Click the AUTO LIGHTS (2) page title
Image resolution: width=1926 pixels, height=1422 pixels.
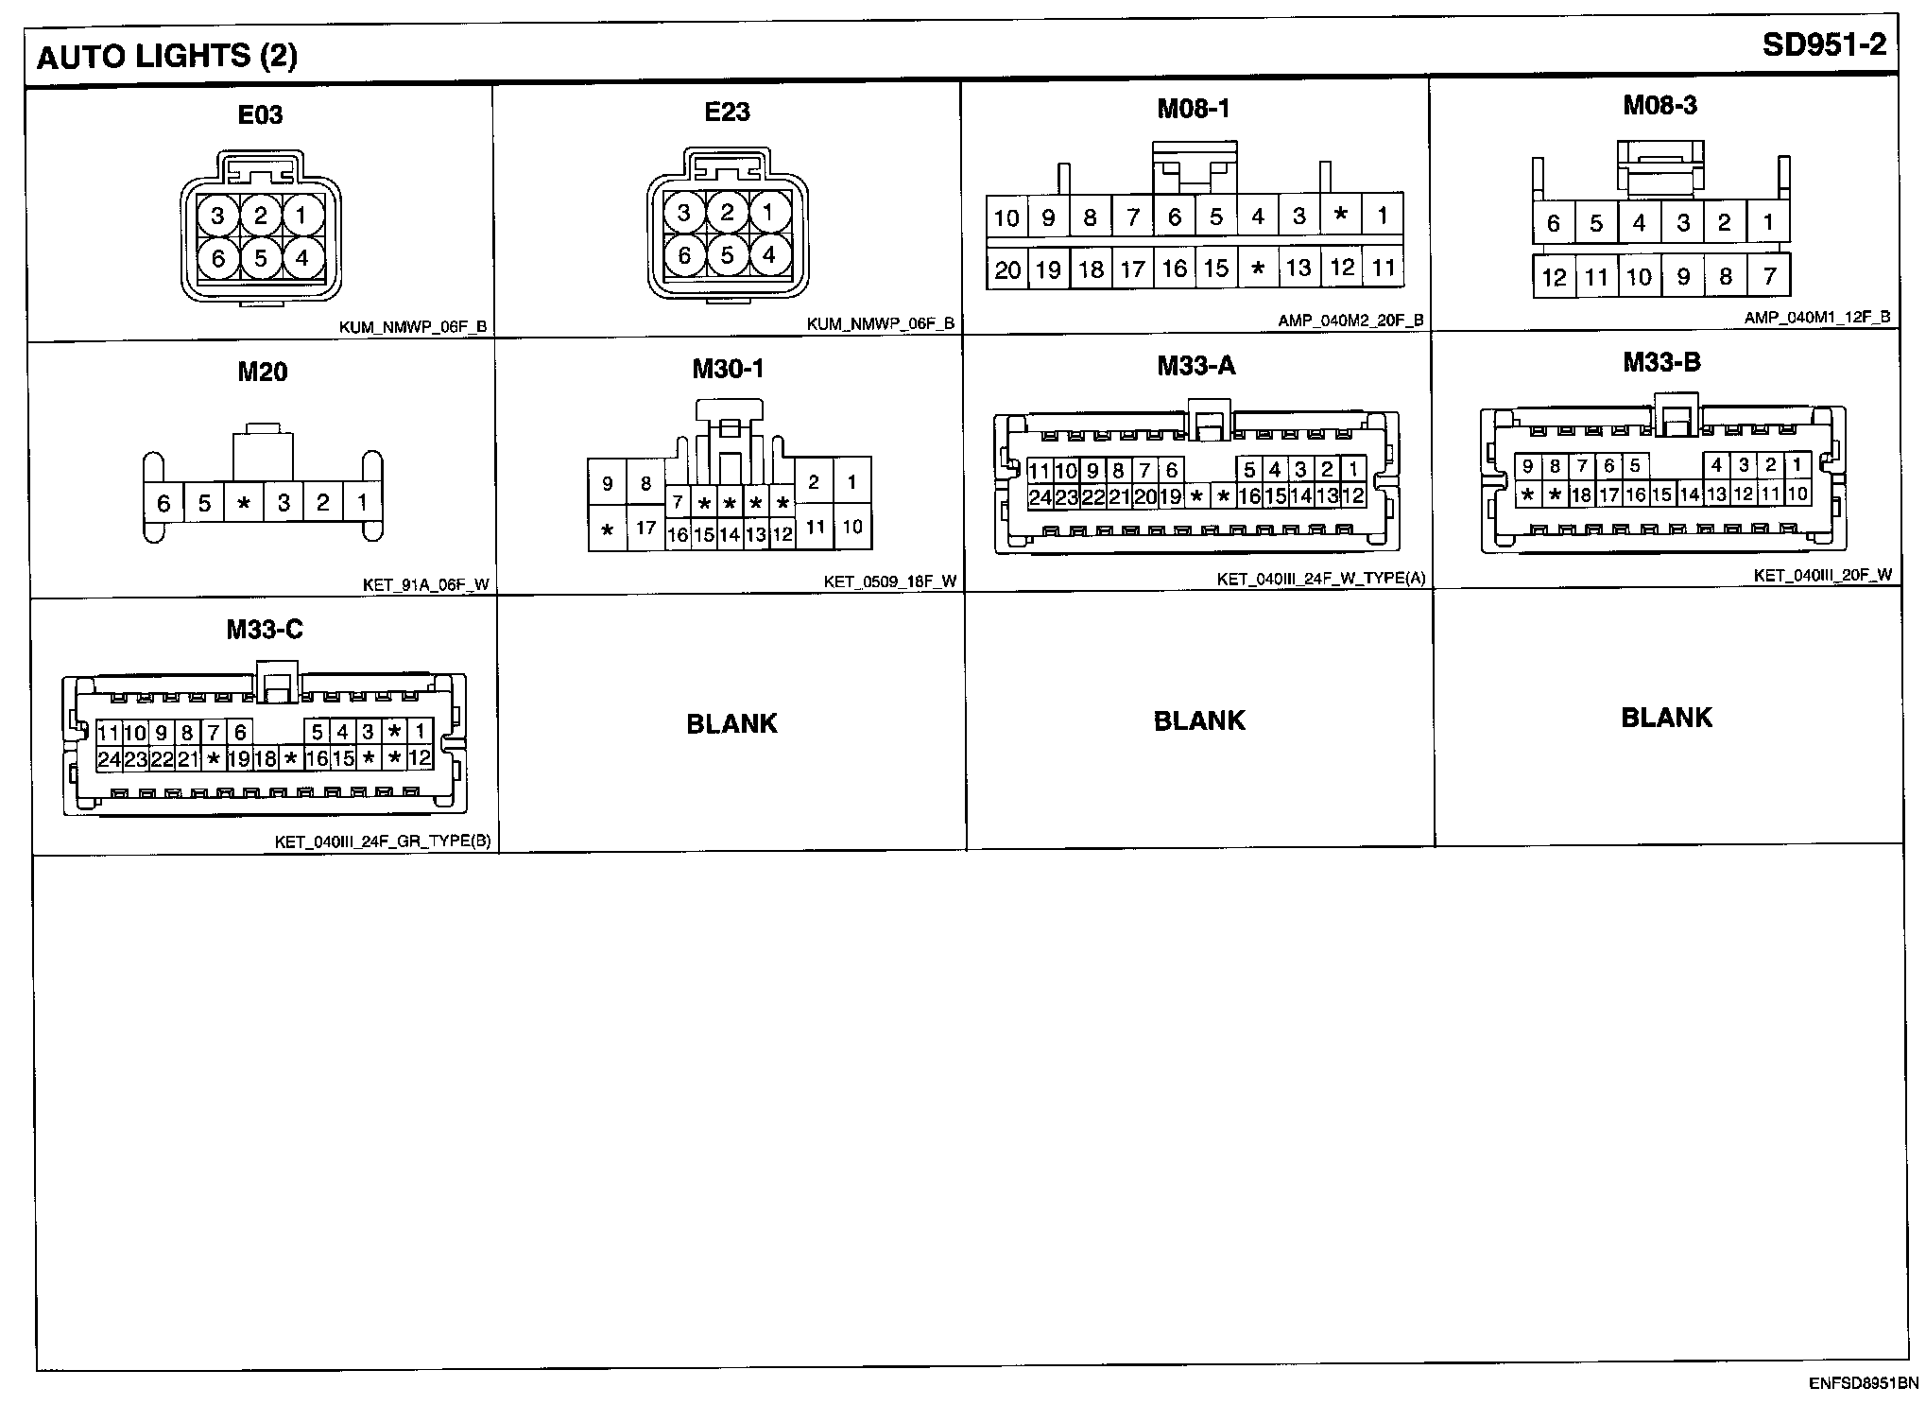click(x=166, y=57)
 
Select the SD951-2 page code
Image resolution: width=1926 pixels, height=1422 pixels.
click(x=1823, y=45)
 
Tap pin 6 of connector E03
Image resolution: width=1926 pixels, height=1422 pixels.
click(x=218, y=257)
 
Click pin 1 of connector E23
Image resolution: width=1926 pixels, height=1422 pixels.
click(x=768, y=213)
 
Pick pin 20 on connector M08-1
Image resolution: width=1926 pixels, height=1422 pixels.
click(x=1007, y=270)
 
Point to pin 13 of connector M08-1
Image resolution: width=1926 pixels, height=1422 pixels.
click(x=1299, y=269)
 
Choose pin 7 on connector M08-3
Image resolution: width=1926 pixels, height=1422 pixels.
click(x=1769, y=276)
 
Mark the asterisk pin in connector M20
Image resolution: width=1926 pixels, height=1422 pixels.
click(x=244, y=503)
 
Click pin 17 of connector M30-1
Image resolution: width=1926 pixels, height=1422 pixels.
click(x=645, y=528)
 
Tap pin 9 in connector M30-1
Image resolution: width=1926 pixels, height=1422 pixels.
click(x=608, y=483)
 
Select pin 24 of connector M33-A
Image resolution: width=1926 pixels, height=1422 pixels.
click(x=1040, y=496)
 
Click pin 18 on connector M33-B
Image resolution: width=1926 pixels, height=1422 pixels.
click(x=1581, y=494)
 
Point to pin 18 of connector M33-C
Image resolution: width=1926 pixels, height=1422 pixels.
click(x=265, y=758)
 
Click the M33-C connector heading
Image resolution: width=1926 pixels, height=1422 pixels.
click(x=265, y=630)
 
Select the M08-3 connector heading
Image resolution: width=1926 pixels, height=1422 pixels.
click(x=1659, y=105)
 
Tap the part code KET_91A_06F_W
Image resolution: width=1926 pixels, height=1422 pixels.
click(x=426, y=584)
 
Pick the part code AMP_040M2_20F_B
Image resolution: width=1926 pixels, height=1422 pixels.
click(x=1350, y=321)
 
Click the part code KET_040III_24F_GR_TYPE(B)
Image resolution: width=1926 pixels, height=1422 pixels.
click(x=383, y=841)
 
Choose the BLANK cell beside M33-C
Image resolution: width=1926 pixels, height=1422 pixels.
click(x=731, y=724)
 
